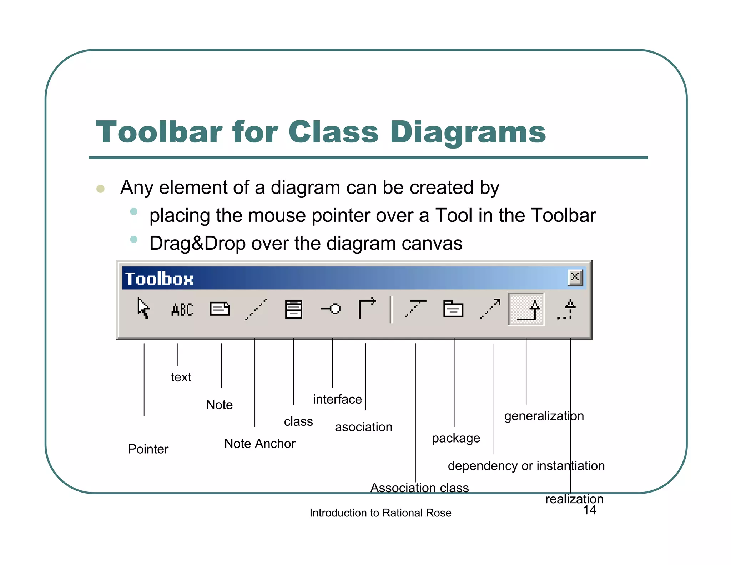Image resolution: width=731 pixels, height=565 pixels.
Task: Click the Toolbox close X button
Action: click(x=575, y=277)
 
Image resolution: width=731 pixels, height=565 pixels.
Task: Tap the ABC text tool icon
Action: click(x=182, y=309)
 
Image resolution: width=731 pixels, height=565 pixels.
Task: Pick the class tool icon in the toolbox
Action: click(x=293, y=309)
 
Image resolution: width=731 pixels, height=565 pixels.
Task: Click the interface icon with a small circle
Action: click(x=331, y=309)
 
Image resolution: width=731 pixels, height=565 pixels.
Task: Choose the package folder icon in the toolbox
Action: click(x=453, y=309)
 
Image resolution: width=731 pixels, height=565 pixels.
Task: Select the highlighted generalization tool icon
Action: click(x=526, y=309)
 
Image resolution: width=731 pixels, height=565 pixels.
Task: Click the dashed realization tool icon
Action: click(x=567, y=309)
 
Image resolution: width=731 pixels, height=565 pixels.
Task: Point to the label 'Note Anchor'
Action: click(x=259, y=444)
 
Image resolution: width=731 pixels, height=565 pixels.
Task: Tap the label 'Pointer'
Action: click(x=148, y=449)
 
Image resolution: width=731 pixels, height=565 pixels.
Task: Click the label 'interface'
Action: click(x=337, y=399)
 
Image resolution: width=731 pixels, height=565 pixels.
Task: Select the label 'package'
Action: click(x=456, y=438)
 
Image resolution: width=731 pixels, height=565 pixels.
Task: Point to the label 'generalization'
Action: click(x=544, y=416)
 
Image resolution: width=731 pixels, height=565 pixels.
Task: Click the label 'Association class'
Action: click(x=419, y=487)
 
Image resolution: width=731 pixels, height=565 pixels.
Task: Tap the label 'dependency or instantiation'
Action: click(x=526, y=466)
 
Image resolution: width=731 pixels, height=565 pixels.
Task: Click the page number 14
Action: click(x=590, y=510)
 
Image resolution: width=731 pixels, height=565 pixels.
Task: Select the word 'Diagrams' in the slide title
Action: click(x=468, y=132)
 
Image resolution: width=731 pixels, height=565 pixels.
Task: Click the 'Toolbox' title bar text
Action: click(x=159, y=279)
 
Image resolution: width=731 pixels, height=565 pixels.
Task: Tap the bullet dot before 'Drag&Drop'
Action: click(x=134, y=239)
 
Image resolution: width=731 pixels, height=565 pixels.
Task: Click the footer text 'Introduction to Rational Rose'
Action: click(x=380, y=513)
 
